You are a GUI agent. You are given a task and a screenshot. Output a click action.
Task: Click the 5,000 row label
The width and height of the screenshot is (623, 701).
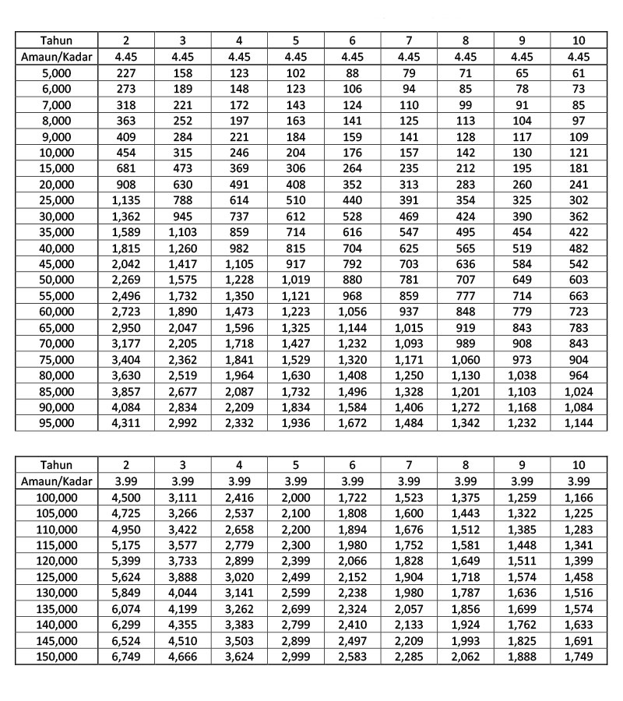pos(56,73)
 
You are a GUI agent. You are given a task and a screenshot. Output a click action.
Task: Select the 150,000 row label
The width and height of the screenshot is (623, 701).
pos(56,657)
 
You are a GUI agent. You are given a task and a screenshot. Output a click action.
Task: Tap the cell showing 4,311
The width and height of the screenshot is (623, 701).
pos(125,423)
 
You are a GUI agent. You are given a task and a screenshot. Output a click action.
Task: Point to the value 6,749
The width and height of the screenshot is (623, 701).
pos(125,657)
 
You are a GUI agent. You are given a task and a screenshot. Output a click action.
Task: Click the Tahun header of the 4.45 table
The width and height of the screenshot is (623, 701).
pos(56,41)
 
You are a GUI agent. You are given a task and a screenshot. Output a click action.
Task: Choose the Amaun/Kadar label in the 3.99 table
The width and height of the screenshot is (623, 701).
pos(56,481)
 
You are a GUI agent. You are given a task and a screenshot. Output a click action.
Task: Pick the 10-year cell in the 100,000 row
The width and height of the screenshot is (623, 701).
pos(579,497)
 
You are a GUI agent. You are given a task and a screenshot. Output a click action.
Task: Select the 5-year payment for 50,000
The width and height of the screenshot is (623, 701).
pos(296,280)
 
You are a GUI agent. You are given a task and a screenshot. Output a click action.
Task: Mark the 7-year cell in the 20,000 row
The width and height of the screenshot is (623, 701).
pos(409,185)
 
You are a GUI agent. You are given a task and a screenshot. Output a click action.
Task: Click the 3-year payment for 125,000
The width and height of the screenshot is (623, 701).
pos(182,577)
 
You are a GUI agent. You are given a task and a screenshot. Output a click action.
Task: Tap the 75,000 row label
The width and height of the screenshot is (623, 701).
pos(56,359)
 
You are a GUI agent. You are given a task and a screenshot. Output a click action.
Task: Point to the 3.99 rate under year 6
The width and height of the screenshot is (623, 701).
pos(353,481)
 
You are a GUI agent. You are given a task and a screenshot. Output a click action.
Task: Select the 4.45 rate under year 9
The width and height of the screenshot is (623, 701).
pos(522,57)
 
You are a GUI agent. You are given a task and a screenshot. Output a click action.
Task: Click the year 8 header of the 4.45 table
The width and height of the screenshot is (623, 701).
pos(466,41)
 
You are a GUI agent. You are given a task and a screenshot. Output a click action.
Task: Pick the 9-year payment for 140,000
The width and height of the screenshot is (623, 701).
pos(522,625)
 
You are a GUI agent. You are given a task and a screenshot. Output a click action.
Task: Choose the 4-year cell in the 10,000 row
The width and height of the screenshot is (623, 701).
pos(239,153)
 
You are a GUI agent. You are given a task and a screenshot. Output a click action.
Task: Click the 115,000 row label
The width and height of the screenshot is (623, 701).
pos(56,545)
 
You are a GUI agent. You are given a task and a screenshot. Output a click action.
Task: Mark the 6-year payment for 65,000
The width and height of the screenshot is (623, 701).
pos(353,327)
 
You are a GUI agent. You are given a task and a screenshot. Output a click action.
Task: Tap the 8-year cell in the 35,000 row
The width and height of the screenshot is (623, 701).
pos(466,232)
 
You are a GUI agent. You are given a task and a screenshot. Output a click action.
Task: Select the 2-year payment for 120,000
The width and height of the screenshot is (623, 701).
pos(125,561)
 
